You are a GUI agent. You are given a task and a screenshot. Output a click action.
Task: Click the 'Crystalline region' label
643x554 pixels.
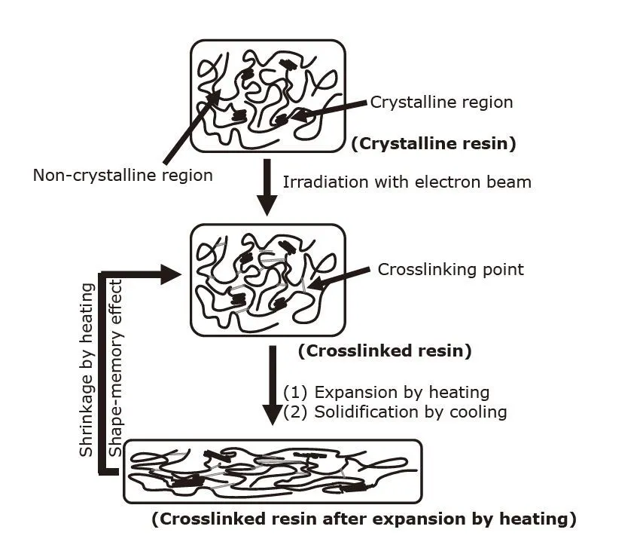[x=441, y=103]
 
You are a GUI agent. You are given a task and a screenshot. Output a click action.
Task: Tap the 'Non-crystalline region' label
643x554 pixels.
[x=123, y=175]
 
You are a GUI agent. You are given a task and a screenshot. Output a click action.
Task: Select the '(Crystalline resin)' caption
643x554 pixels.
[x=434, y=144]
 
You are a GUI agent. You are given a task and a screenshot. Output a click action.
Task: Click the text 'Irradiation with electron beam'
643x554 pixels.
[x=407, y=182]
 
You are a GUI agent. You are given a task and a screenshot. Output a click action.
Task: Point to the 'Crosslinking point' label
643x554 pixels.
[x=450, y=270]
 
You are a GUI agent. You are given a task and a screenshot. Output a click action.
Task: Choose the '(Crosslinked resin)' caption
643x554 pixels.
[x=385, y=350]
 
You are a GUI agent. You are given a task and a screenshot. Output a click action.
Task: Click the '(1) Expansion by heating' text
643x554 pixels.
[x=386, y=393]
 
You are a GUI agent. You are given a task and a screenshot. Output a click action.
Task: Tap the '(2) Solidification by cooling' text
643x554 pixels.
[x=395, y=412]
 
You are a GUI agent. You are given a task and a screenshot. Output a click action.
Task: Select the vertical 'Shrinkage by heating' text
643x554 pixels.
[x=87, y=369]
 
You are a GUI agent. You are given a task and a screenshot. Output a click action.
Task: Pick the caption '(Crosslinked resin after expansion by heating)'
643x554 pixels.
[x=364, y=519]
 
